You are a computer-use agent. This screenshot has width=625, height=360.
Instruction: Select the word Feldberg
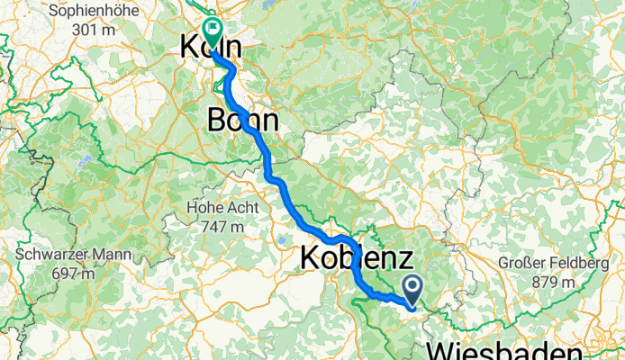coord(580,265)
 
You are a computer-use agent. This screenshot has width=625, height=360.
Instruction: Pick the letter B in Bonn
coord(216,120)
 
